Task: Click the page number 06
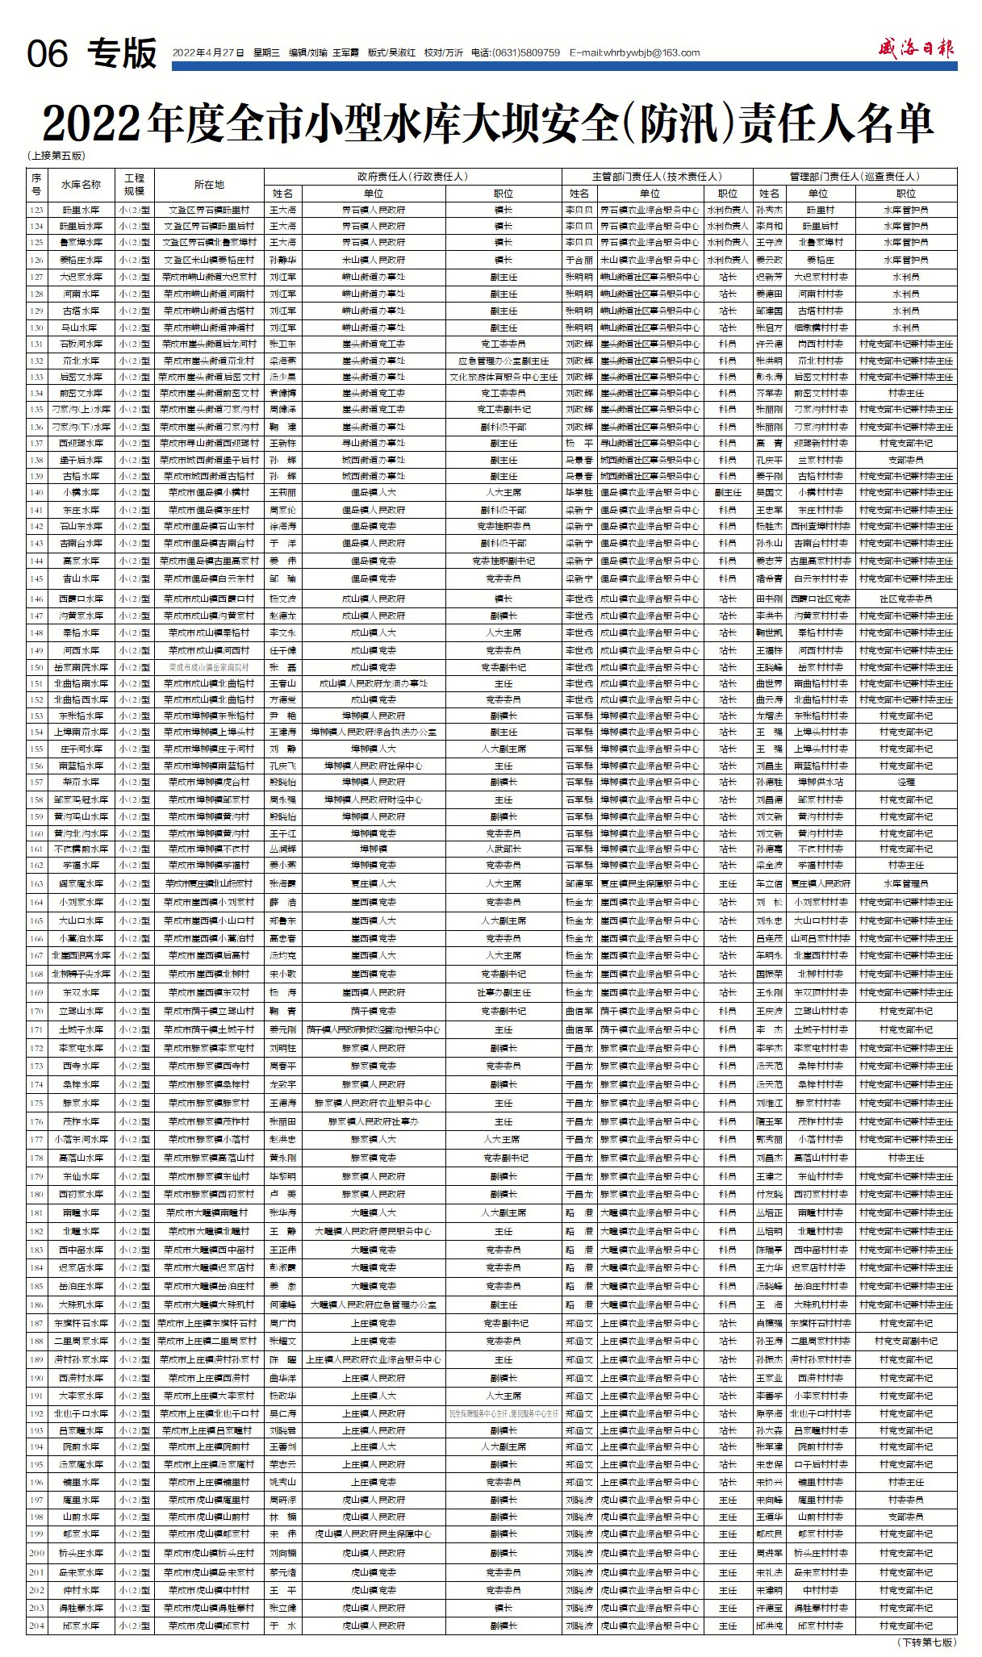click(48, 54)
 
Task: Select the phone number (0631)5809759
click(525, 53)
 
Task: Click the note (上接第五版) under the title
click(56, 156)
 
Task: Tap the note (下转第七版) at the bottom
click(926, 1642)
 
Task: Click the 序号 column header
click(36, 184)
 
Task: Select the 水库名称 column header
click(81, 184)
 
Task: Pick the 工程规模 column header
click(134, 184)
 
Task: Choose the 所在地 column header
click(209, 184)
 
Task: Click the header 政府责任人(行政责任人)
click(412, 176)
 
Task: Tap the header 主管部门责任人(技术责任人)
click(657, 176)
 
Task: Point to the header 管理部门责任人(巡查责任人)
click(855, 176)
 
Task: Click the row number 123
click(36, 210)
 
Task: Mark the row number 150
click(36, 667)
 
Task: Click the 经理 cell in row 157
click(905, 782)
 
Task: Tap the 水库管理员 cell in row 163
click(905, 883)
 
